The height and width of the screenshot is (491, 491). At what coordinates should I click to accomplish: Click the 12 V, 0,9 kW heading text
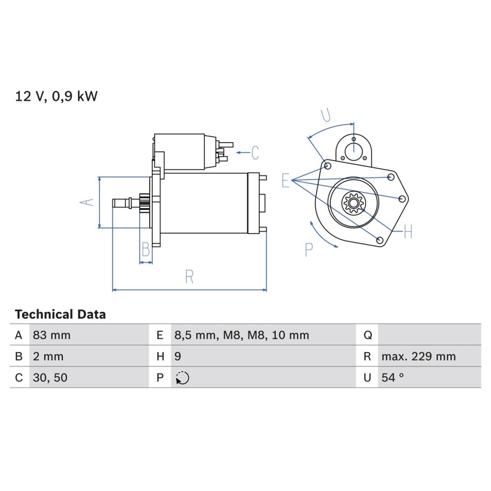(56, 96)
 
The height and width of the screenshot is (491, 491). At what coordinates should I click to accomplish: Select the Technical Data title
(61, 314)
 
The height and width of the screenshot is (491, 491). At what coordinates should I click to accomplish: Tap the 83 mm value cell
(52, 335)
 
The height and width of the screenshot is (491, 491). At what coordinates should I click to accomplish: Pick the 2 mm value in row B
(48, 356)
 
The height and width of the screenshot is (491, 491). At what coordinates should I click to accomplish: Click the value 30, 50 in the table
(50, 378)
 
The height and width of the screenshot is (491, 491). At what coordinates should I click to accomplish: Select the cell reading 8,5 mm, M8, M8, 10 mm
(241, 335)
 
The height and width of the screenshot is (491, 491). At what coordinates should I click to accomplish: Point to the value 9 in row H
(178, 356)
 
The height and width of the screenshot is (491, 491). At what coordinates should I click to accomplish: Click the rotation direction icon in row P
(182, 378)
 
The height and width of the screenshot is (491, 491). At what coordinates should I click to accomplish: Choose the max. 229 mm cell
(419, 356)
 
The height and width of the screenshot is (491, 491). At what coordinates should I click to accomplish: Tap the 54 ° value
(393, 378)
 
